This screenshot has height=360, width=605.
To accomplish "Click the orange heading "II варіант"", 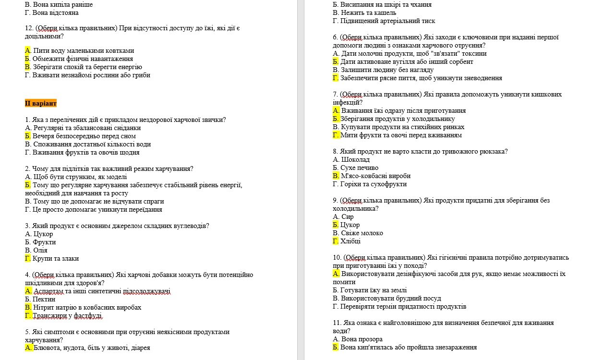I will (41, 103).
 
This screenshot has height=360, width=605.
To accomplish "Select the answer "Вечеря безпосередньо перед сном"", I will (84, 136).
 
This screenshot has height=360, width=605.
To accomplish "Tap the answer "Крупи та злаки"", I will (55, 258).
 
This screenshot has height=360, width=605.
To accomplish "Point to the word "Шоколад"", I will (355, 159).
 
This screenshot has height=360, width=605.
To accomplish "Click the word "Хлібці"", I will (351, 241).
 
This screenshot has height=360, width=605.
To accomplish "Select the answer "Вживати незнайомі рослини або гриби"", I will (91, 75).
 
